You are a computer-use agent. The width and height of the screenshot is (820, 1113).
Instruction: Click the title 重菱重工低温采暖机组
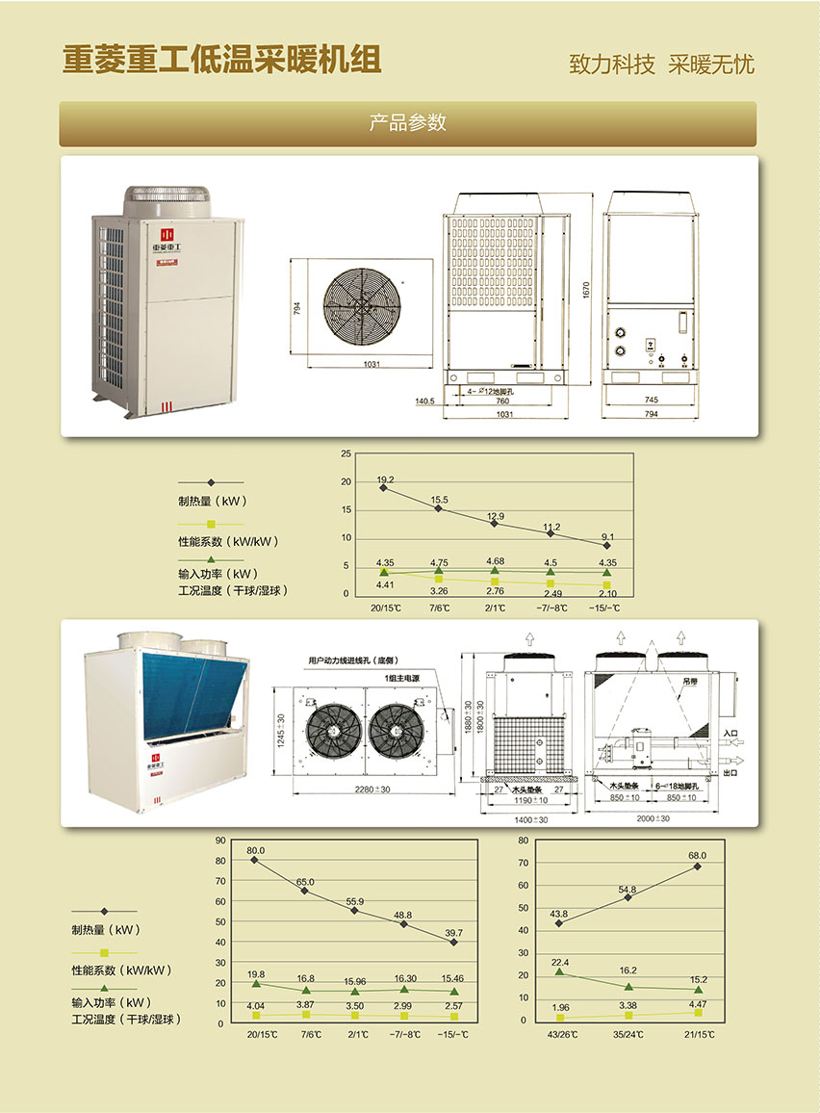221,60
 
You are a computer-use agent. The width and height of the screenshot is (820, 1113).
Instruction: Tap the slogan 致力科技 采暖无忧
661,65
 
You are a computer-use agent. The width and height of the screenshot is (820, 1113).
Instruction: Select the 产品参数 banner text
408,123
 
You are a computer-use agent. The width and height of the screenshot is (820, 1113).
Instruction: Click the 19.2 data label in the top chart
385,479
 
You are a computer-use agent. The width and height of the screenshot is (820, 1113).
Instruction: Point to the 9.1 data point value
607,536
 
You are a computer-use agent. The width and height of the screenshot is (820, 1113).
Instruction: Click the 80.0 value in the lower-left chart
255,851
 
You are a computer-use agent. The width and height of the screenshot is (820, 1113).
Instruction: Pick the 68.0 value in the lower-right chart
697,855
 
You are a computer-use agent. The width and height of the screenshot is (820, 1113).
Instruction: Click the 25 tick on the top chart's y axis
346,453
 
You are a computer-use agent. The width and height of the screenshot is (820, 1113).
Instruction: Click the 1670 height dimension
586,289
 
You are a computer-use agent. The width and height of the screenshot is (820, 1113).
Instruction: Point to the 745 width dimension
651,400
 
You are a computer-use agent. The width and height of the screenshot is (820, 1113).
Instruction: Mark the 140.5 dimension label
424,401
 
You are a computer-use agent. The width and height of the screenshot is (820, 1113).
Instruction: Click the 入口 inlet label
730,733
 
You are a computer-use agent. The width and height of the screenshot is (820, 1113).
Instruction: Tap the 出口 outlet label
730,772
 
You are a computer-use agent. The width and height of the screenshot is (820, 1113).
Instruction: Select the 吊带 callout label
689,681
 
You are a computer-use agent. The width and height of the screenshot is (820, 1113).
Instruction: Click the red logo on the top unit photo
167,234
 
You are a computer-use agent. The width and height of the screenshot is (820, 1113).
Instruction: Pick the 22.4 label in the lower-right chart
561,963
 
